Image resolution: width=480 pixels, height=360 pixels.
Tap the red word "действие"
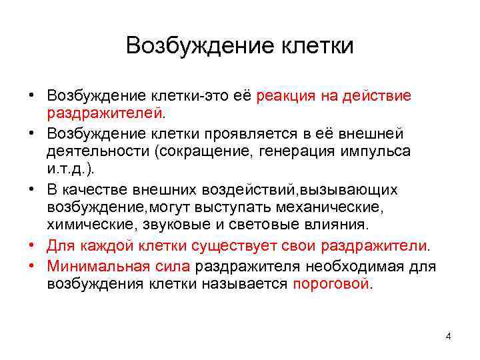[376, 96]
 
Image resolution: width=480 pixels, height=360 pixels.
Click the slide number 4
[448, 336]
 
